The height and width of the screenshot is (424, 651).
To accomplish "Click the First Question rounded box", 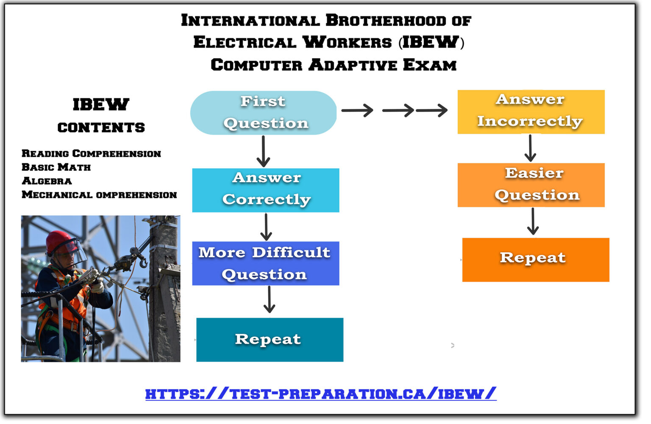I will tap(263, 113).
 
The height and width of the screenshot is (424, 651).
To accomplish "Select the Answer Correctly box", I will tap(266, 190).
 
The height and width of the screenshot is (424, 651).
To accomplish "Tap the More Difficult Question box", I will tap(266, 263).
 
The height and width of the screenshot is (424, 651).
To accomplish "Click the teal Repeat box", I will tap(270, 339).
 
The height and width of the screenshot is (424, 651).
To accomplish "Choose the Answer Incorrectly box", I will tap(531, 112).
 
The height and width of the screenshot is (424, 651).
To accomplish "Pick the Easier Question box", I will tap(531, 185).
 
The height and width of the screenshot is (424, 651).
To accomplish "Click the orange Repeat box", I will tap(535, 259).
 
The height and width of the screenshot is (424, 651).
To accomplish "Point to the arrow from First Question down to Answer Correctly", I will tap(263, 151).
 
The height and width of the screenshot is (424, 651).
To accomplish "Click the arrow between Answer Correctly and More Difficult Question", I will tap(266, 227).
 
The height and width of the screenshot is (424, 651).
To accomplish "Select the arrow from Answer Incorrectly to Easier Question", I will tap(530, 148).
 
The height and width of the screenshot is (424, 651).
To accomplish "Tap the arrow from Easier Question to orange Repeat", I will tap(533, 222).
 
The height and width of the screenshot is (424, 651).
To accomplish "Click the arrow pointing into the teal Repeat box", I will tap(269, 299).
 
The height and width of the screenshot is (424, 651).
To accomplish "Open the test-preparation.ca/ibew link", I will tap(320, 394).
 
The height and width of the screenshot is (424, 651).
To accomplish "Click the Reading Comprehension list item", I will tap(91, 153).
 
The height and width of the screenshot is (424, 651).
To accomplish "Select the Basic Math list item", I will tap(56, 167).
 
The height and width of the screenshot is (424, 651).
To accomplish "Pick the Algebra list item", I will tap(47, 181).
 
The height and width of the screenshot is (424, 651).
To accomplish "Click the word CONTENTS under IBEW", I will tap(101, 127).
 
